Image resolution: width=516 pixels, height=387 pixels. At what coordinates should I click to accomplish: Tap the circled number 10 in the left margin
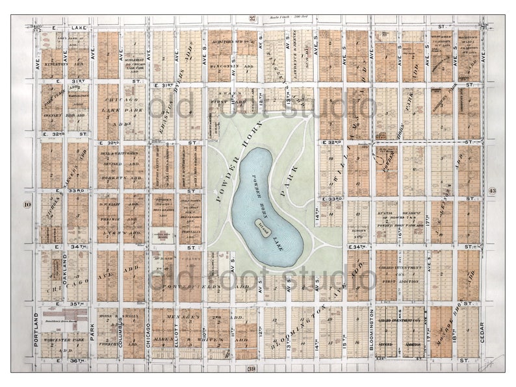[x=27, y=205]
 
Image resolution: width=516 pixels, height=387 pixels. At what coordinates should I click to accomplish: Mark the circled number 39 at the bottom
[x=252, y=368]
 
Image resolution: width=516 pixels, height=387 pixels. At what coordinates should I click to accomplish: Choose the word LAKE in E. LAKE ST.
[x=79, y=28]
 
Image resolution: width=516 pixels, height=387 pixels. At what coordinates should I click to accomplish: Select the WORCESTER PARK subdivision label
[x=64, y=340]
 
